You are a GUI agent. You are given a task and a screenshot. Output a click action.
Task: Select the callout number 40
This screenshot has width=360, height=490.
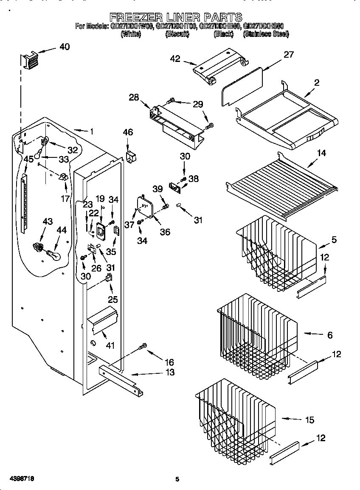coord(65,47)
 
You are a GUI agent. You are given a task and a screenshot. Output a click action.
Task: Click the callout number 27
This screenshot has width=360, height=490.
coord(289,55)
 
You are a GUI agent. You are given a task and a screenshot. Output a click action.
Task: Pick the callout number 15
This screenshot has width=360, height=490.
coord(309,420)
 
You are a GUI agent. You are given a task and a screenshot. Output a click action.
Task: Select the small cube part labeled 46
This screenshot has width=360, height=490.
coord(131,157)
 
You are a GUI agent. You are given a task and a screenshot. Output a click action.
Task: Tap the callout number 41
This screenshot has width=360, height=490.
coord(110,345)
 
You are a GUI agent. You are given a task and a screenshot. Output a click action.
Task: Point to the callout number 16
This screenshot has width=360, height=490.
coord(169,362)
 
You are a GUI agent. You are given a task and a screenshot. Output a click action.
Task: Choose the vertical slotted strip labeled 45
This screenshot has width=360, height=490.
coord(24,204)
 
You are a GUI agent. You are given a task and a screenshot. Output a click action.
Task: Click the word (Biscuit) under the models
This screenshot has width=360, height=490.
coord(177,34)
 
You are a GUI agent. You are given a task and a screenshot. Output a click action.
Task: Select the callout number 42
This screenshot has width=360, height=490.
coord(175,59)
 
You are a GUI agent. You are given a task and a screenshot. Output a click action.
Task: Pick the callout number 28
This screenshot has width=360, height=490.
coord(134,98)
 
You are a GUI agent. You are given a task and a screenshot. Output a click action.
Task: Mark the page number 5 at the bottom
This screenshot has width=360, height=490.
coord(177,479)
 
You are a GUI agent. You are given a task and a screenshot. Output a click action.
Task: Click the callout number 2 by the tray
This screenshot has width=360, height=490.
coord(317,82)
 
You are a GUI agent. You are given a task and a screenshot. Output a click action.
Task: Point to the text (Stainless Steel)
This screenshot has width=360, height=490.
coord(266,34)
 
